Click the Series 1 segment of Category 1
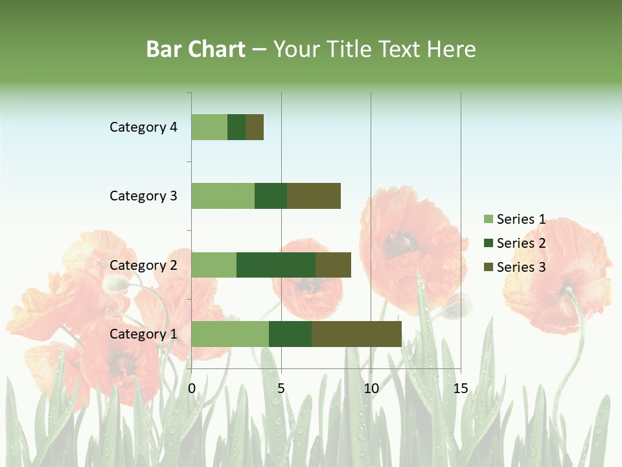230,334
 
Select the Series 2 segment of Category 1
290,334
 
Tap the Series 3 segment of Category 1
356,334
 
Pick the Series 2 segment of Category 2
276,265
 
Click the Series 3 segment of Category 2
333,265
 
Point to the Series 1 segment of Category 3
223,196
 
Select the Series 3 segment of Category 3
314,196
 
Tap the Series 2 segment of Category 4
236,127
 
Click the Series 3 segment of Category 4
255,127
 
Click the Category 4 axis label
143,127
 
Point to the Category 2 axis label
143,265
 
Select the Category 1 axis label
143,334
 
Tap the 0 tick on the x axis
192,389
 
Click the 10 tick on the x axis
371,389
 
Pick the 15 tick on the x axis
460,389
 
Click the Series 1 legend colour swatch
488,219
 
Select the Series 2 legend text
521,243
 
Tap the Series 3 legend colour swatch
488,267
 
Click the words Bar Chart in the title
196,49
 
